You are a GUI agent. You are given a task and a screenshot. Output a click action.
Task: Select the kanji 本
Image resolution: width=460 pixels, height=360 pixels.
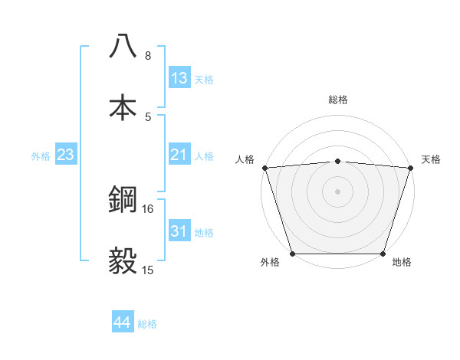pyautogui.click(x=123, y=106)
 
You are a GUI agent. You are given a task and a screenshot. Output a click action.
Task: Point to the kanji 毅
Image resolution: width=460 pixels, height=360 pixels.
pyautogui.click(x=123, y=260)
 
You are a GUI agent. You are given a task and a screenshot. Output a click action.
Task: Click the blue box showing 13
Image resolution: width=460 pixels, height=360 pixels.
pyautogui.click(x=179, y=77)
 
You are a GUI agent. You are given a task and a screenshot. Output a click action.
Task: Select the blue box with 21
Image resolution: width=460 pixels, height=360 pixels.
pyautogui.click(x=179, y=155)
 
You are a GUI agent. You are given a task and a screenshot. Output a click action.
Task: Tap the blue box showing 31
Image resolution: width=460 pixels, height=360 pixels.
pyautogui.click(x=179, y=231)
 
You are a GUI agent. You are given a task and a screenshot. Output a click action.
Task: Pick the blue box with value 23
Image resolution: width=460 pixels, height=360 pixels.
pyautogui.click(x=66, y=155)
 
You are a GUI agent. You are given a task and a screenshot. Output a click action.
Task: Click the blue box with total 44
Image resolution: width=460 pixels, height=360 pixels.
pyautogui.click(x=123, y=322)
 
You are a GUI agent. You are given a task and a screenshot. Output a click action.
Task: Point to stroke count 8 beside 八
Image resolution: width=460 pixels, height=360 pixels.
pyautogui.click(x=148, y=55)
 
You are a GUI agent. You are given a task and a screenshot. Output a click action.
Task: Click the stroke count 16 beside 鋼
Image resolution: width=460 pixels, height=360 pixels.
pyautogui.click(x=148, y=208)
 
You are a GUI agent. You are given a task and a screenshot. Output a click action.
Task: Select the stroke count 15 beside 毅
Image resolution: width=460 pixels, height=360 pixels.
pyautogui.click(x=148, y=270)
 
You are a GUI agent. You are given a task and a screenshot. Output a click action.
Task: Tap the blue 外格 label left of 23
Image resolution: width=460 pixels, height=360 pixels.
pyautogui.click(x=41, y=156)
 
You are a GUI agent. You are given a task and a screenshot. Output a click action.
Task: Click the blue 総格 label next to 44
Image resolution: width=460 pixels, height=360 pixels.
pyautogui.click(x=147, y=324)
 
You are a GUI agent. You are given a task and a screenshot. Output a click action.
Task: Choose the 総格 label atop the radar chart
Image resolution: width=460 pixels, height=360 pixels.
pyautogui.click(x=338, y=100)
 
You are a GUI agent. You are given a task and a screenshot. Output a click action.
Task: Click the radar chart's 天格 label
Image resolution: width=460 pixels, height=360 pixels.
pyautogui.click(x=432, y=159)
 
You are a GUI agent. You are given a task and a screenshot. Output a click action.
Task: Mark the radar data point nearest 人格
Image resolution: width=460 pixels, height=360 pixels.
pyautogui.click(x=264, y=168)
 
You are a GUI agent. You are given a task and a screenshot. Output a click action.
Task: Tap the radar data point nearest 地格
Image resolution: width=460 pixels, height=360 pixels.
pyautogui.click(x=383, y=254)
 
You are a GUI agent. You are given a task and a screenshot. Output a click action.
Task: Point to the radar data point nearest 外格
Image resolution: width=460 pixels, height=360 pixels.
pyautogui.click(x=292, y=254)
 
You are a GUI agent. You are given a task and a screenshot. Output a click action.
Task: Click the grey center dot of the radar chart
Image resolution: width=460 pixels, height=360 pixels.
pyautogui.click(x=337, y=191)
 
